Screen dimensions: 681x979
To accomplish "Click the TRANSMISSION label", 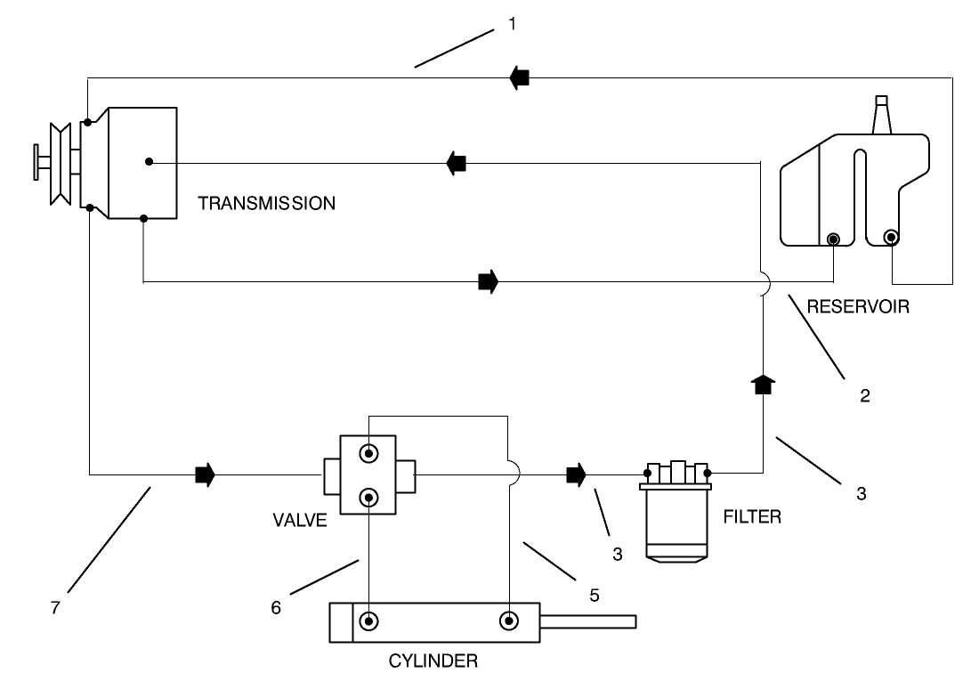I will (x=266, y=203).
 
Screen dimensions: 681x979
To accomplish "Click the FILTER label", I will (x=752, y=515).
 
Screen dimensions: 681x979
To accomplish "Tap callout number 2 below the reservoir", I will (x=863, y=396).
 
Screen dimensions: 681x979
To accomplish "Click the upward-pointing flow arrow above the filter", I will (x=763, y=385).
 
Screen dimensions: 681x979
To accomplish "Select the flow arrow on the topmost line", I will (x=519, y=78).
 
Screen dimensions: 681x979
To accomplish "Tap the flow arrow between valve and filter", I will (x=577, y=474).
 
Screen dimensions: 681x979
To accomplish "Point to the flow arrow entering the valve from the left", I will (x=205, y=474).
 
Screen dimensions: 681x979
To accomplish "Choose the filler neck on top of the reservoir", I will (x=881, y=115).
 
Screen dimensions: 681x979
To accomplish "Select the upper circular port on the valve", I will (x=367, y=454).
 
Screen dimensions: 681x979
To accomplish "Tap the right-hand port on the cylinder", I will (x=509, y=620).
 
